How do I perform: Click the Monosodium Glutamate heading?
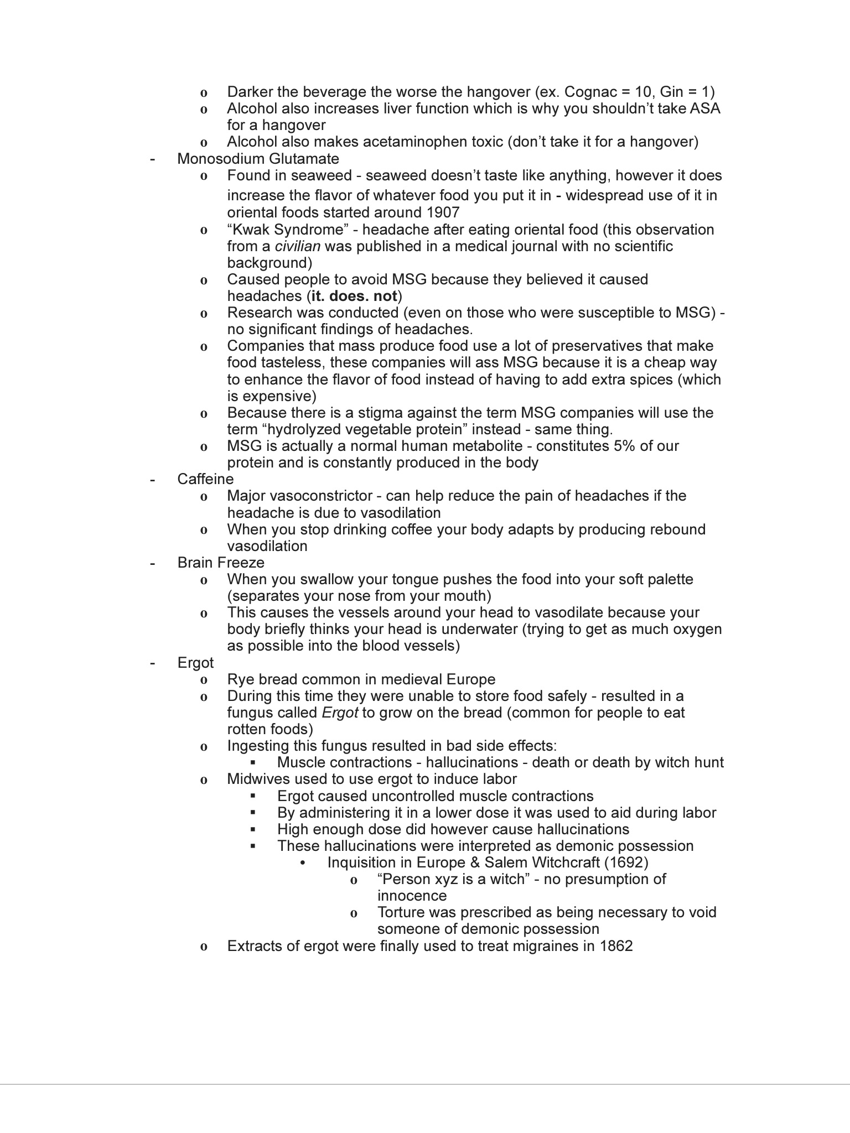point(258,159)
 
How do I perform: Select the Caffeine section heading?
point(205,479)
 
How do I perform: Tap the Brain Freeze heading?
point(221,563)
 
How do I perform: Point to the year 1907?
point(443,212)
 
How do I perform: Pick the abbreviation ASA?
point(704,108)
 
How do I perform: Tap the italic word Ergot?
point(340,713)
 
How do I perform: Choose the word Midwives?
point(258,779)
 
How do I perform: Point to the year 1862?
point(616,946)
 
